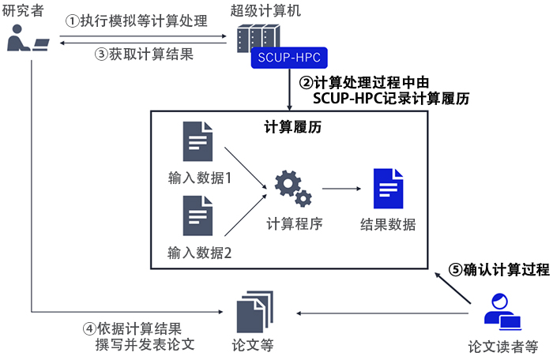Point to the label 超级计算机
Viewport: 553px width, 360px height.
pos(265,10)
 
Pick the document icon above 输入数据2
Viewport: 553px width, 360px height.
pos(198,216)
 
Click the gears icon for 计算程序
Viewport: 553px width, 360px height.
pos(293,186)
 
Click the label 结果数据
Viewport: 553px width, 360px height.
pos(387,223)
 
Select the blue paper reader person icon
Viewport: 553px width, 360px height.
pos(500,311)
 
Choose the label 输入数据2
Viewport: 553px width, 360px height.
pos(199,253)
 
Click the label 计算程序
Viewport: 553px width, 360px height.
pos(294,223)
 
